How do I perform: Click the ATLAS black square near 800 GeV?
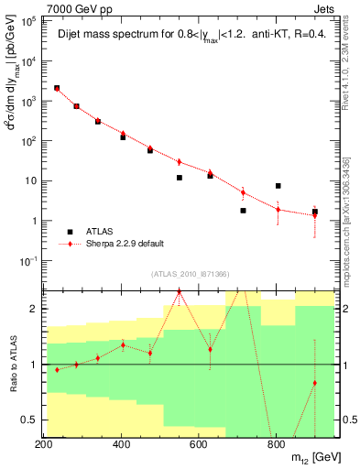[278, 186]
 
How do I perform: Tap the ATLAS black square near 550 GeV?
[180, 178]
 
